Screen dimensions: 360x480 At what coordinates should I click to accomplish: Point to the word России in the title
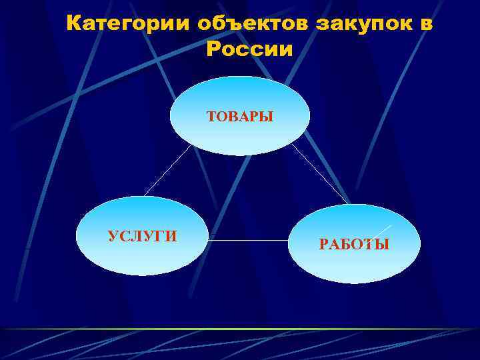(249, 49)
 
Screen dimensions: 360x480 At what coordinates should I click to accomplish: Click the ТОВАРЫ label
(240, 117)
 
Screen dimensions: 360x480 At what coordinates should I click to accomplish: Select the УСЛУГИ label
(142, 236)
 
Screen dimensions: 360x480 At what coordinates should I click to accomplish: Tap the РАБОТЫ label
(354, 245)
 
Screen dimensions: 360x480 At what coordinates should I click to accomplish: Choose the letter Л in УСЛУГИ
(135, 236)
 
